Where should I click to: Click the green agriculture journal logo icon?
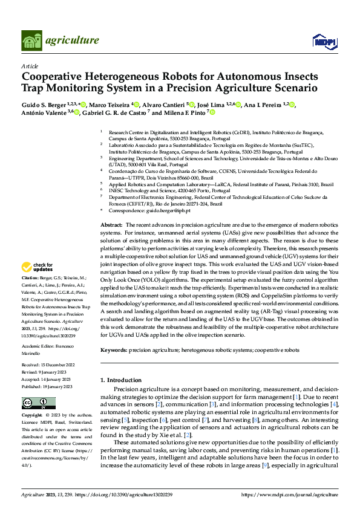click(33, 41)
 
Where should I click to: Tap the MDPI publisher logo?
click(324, 41)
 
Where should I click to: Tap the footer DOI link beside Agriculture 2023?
click(113, 494)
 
